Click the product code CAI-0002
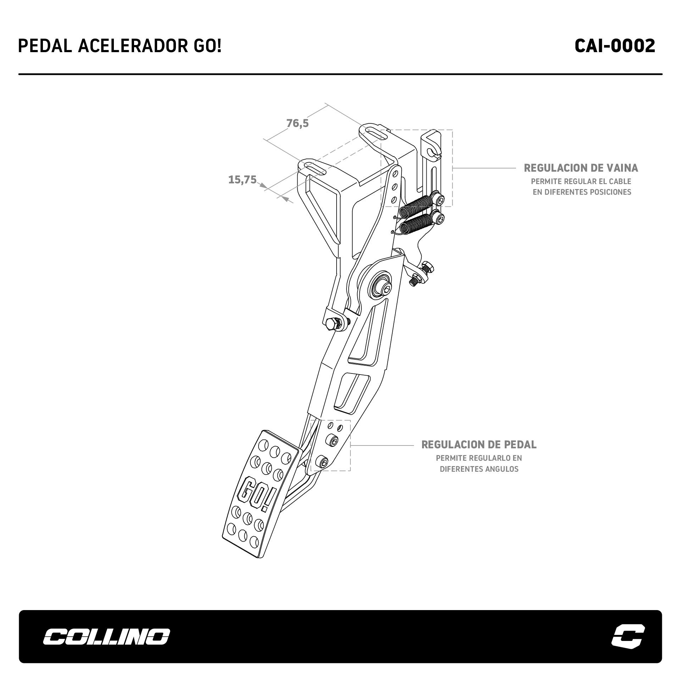[615, 46]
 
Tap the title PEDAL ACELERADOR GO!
[120, 46]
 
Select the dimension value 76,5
[298, 123]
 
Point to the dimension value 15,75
[242, 180]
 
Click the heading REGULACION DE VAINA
[581, 168]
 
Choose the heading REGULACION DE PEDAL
[479, 445]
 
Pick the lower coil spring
[416, 224]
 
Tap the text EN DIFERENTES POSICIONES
[582, 192]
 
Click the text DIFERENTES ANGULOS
[479, 469]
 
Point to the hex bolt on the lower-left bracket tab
[331, 323]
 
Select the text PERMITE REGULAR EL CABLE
[581, 182]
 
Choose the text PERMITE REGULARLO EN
[479, 458]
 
